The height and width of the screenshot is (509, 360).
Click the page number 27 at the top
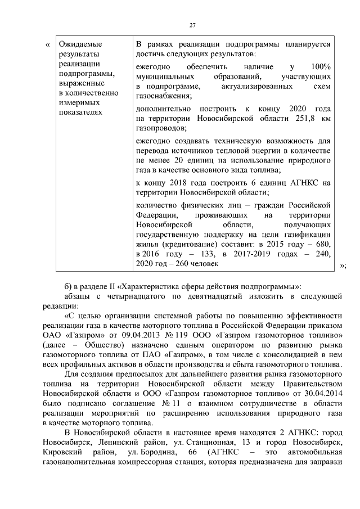click(192, 25)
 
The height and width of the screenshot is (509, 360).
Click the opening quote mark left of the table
click(47, 44)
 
